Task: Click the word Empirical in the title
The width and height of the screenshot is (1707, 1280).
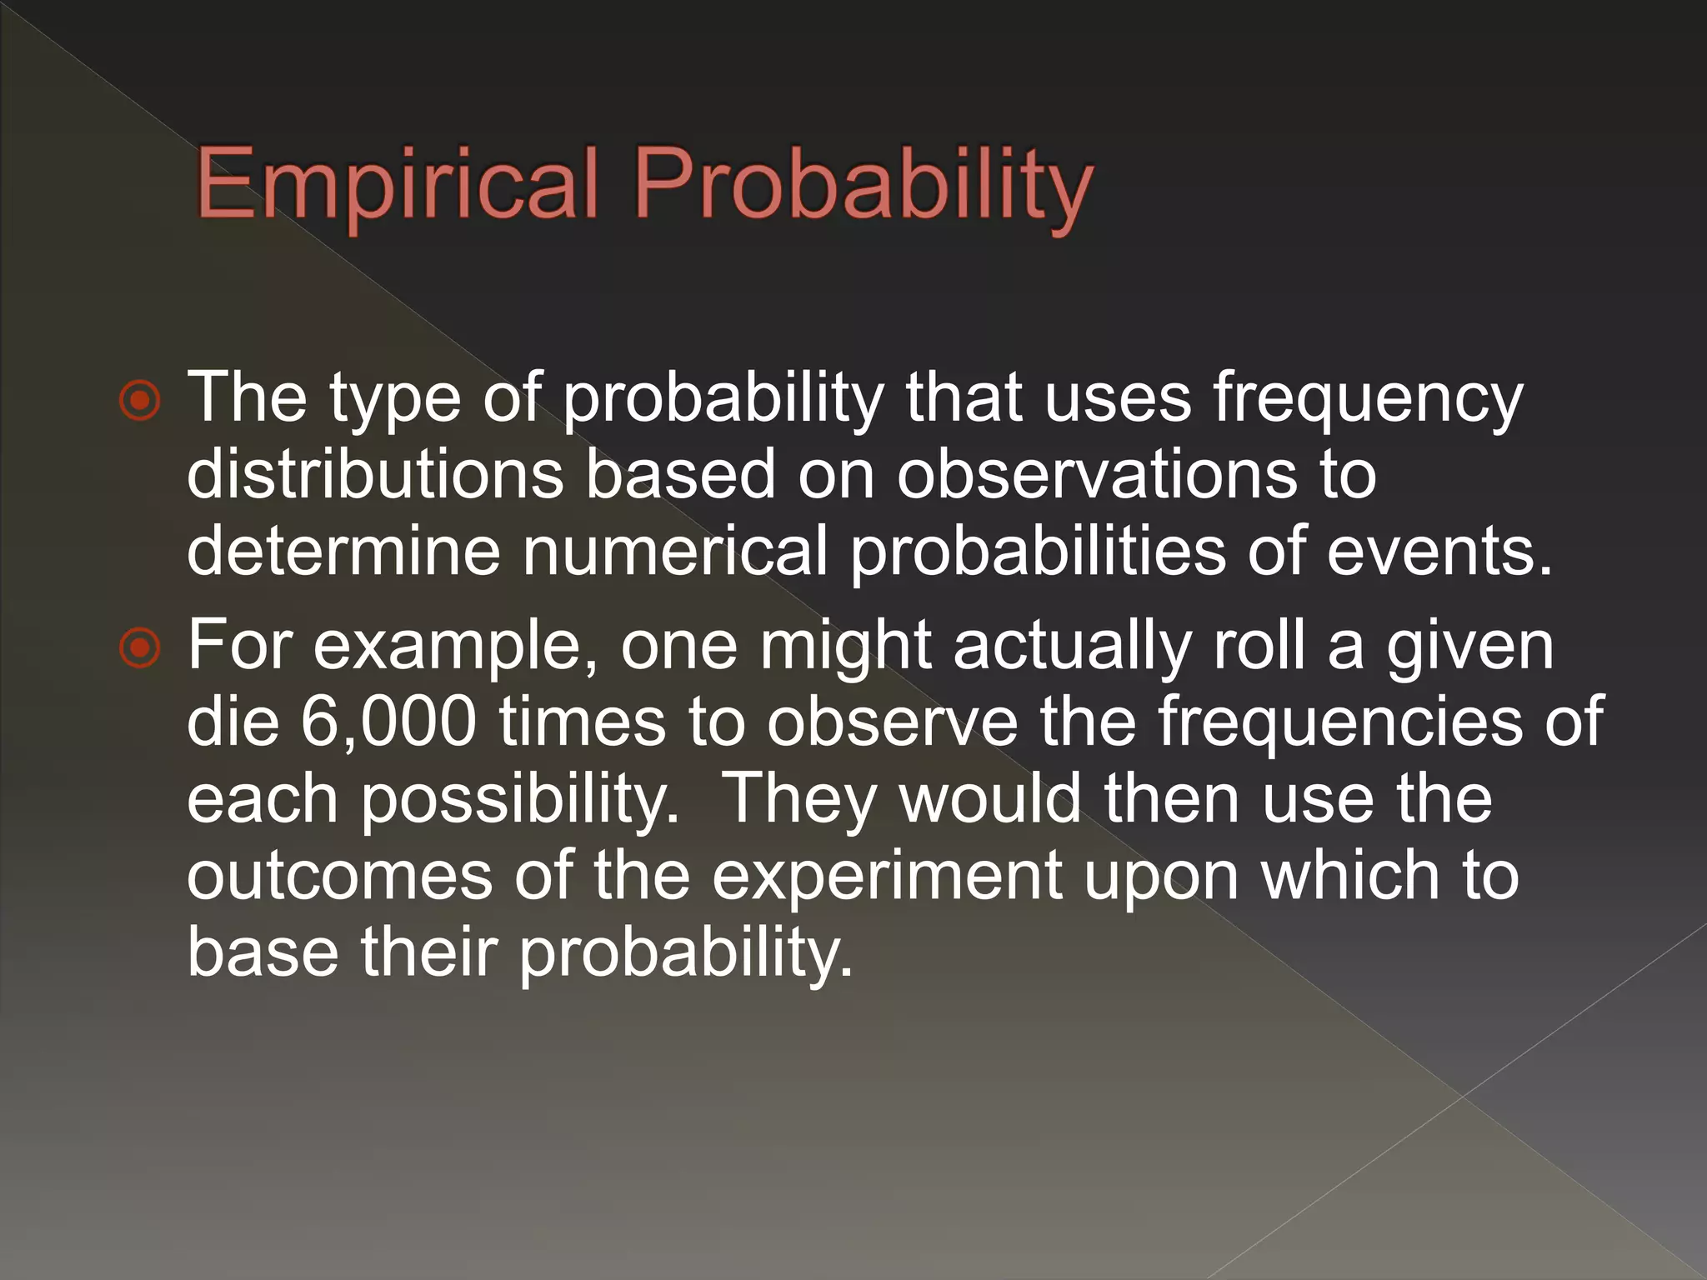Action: point(397,183)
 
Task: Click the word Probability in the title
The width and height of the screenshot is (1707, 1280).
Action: point(863,185)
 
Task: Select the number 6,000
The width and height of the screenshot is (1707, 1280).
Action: point(388,722)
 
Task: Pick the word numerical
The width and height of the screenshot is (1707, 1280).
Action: point(675,550)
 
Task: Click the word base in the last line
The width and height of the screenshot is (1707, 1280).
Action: point(263,952)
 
